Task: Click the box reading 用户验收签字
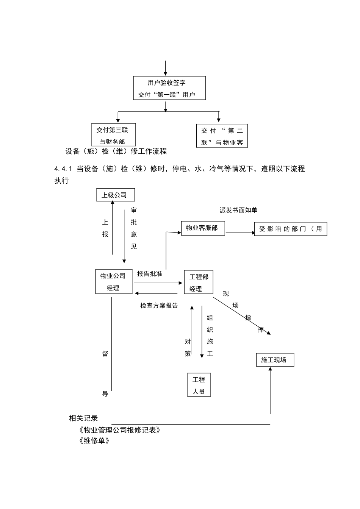169,88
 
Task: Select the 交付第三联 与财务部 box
113,135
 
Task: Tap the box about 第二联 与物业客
222,136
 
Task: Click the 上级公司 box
115,195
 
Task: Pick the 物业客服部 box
203,228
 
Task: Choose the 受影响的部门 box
290,229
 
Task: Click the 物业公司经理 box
114,282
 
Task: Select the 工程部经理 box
199,283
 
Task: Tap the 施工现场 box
275,360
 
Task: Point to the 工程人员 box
199,385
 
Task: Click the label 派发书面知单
238,210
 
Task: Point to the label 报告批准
149,274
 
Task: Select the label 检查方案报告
159,306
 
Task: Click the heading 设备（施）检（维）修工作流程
116,151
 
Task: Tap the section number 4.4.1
63,169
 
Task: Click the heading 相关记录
83,418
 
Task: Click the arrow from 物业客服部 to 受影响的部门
240,233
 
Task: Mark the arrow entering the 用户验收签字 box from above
166,68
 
